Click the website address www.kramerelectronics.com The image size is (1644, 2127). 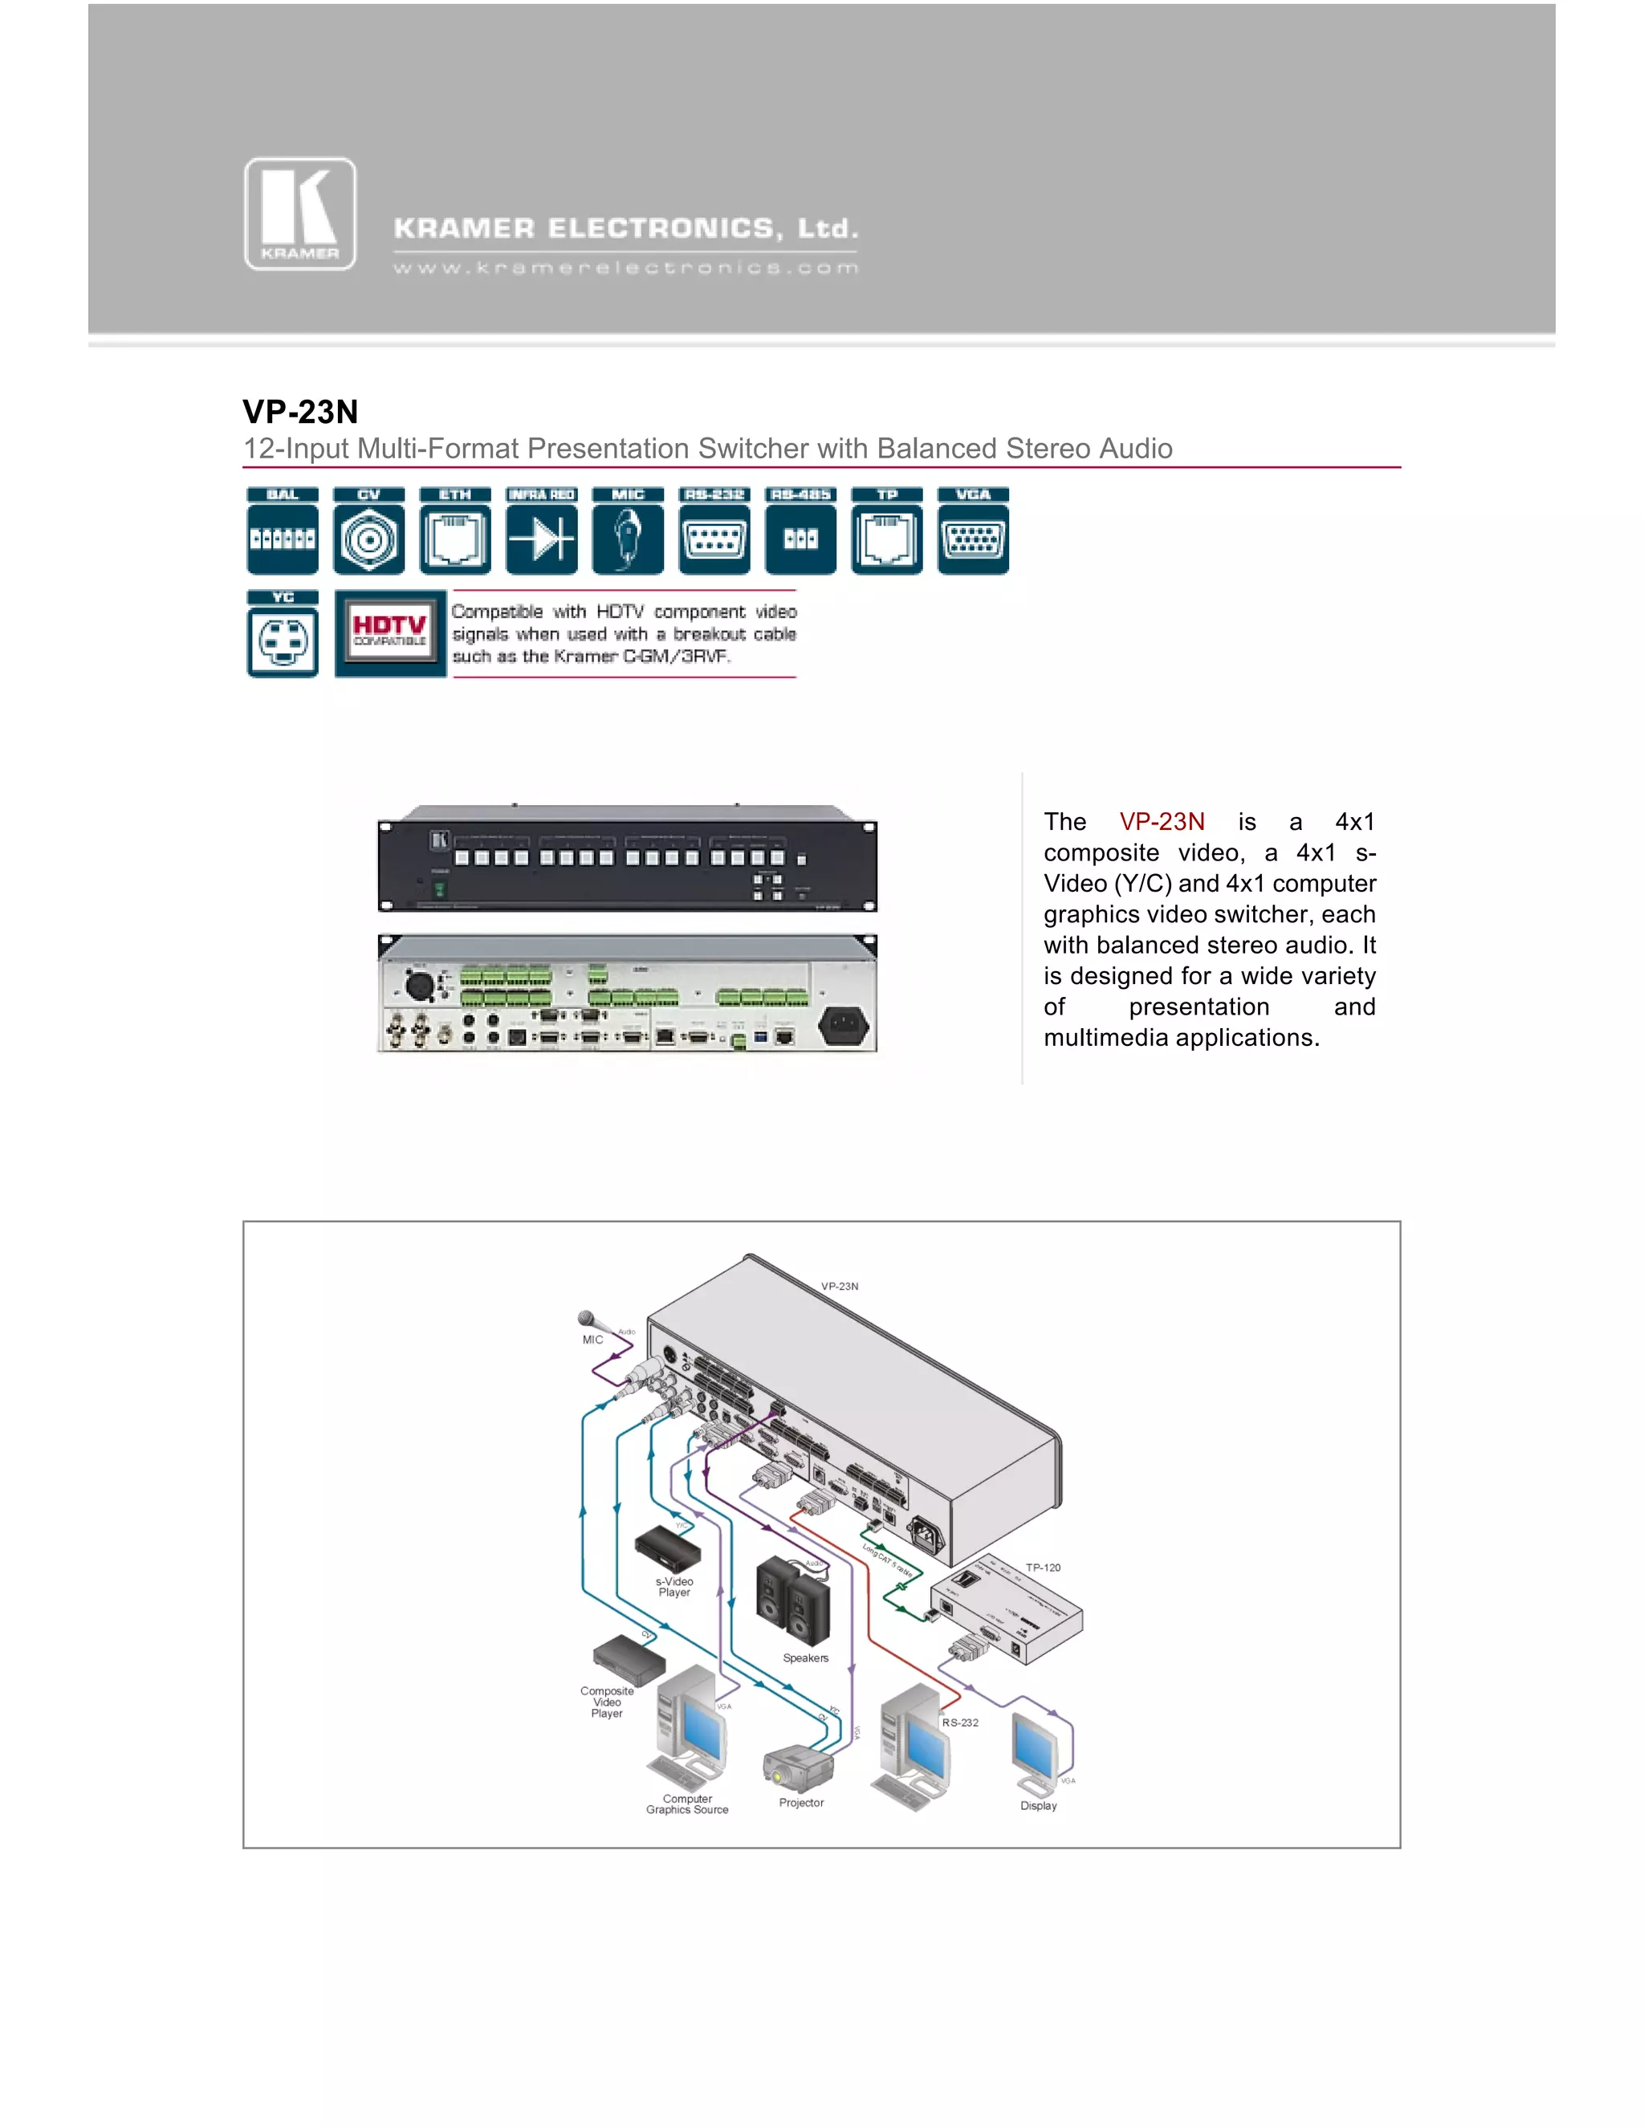tap(625, 268)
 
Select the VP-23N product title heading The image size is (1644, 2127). tap(300, 412)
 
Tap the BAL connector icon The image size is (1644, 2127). tap(283, 531)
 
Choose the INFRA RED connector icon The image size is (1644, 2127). tap(542, 531)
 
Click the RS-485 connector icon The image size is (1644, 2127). tap(800, 531)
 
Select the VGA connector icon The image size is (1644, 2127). tap(973, 531)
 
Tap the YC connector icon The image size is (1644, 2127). tap(283, 635)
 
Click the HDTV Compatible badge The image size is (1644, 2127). tap(389, 633)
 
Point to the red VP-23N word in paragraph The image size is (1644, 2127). tap(1161, 822)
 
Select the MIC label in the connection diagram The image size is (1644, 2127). tap(592, 1340)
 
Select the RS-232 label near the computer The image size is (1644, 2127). tap(959, 1722)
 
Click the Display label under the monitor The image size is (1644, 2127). tap(1038, 1806)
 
